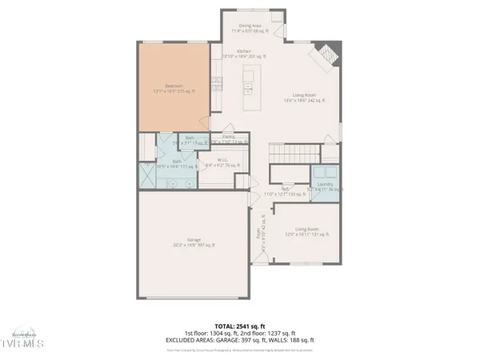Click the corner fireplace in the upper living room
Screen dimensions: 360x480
[x=327, y=57]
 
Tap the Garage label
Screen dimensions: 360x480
[x=195, y=242]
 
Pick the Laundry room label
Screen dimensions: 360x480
[x=325, y=186]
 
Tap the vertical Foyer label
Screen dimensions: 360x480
[x=259, y=233]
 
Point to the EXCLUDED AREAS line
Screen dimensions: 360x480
[x=239, y=342]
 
